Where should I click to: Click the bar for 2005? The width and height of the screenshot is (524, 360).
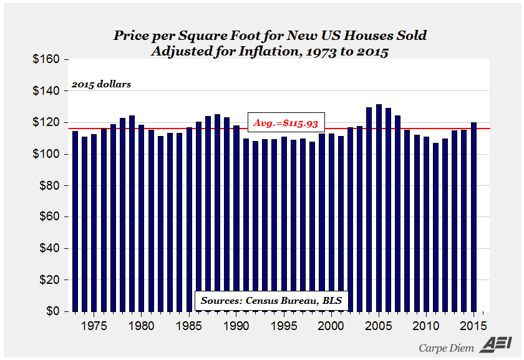(x=379, y=208)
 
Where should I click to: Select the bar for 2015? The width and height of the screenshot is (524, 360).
(x=473, y=217)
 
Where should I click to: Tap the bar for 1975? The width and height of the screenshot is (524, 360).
(x=94, y=223)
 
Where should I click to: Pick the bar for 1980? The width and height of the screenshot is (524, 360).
(x=142, y=218)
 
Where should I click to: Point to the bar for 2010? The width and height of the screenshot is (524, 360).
(x=426, y=224)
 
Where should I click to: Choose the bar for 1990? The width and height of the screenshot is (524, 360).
(x=236, y=218)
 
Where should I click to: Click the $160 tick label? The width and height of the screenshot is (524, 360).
(x=46, y=59)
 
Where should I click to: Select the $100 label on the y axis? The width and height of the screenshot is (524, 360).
(x=46, y=154)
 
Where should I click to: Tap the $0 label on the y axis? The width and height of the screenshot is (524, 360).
(x=53, y=311)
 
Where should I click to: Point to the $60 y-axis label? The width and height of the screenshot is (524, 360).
(x=49, y=216)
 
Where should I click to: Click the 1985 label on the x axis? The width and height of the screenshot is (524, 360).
(x=189, y=326)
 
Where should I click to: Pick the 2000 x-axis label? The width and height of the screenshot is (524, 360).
(x=331, y=326)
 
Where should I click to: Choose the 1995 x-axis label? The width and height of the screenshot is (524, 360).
(x=284, y=326)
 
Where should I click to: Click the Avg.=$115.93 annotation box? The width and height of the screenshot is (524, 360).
(x=286, y=122)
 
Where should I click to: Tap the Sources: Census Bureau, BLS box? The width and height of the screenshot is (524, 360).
(x=271, y=301)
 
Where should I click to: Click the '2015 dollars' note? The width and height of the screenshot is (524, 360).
(x=101, y=84)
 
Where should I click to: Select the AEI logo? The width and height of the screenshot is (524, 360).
(x=496, y=345)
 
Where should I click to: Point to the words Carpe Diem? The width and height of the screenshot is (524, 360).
(x=446, y=348)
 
